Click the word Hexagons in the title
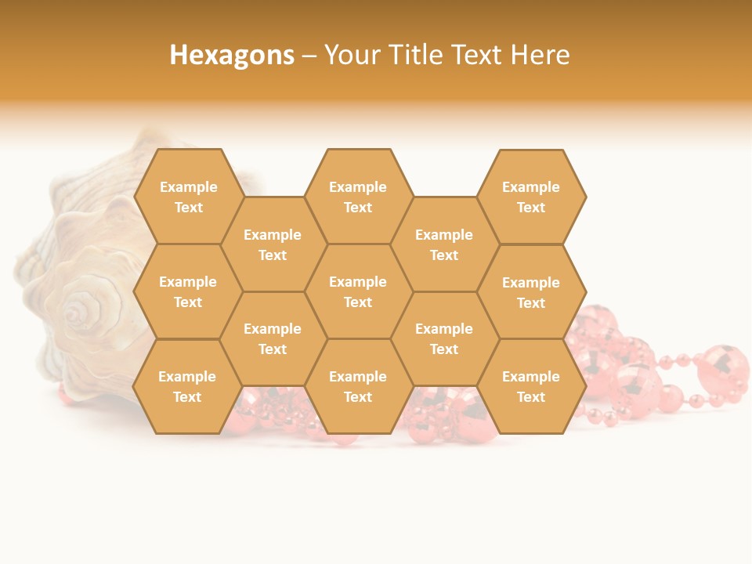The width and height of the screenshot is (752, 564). point(232,55)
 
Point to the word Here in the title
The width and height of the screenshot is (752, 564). point(540,55)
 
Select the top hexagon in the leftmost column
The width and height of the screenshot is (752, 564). point(188,197)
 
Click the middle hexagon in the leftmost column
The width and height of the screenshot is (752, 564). point(188,291)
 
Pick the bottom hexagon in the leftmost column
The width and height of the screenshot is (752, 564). point(187,386)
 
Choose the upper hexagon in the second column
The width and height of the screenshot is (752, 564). point(273,244)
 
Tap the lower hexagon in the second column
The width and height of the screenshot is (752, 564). point(273,338)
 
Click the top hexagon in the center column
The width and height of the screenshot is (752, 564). point(358,197)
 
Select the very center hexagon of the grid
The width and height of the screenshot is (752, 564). point(358,291)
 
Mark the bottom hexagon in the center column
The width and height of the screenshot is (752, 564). point(358,386)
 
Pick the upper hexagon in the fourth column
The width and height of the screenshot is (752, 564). point(444,244)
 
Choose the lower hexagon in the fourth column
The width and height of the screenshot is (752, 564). point(444,338)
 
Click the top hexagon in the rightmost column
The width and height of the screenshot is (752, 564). point(531,197)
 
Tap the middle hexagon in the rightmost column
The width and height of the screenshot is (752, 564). point(531,292)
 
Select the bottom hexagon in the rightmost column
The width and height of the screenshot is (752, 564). point(531,386)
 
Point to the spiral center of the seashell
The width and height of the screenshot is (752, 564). point(76,313)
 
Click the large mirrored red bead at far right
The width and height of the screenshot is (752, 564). point(722,368)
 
